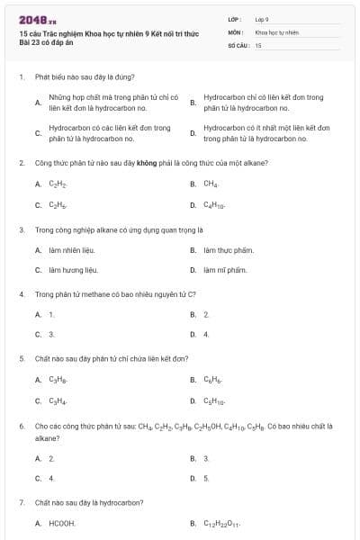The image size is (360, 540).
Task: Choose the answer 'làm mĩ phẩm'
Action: pyautogui.click(x=225, y=270)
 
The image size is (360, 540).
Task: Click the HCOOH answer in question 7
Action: pyautogui.click(x=62, y=523)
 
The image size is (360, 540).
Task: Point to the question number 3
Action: pyautogui.click(x=21, y=229)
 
